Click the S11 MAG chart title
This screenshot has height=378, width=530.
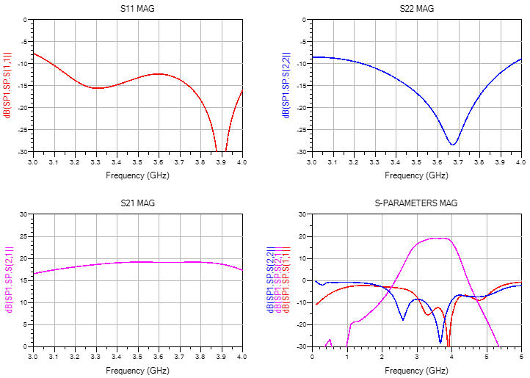(x=137, y=9)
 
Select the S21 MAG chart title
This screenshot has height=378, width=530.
(x=137, y=203)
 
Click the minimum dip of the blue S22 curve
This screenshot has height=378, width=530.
(x=453, y=143)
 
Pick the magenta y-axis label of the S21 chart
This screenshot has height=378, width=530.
(x=8, y=280)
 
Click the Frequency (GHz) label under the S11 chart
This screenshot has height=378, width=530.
(x=137, y=175)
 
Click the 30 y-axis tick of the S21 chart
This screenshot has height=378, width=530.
(x=25, y=214)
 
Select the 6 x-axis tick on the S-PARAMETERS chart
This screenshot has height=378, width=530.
(x=520, y=356)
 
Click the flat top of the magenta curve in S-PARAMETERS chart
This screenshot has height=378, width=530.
(x=438, y=239)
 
